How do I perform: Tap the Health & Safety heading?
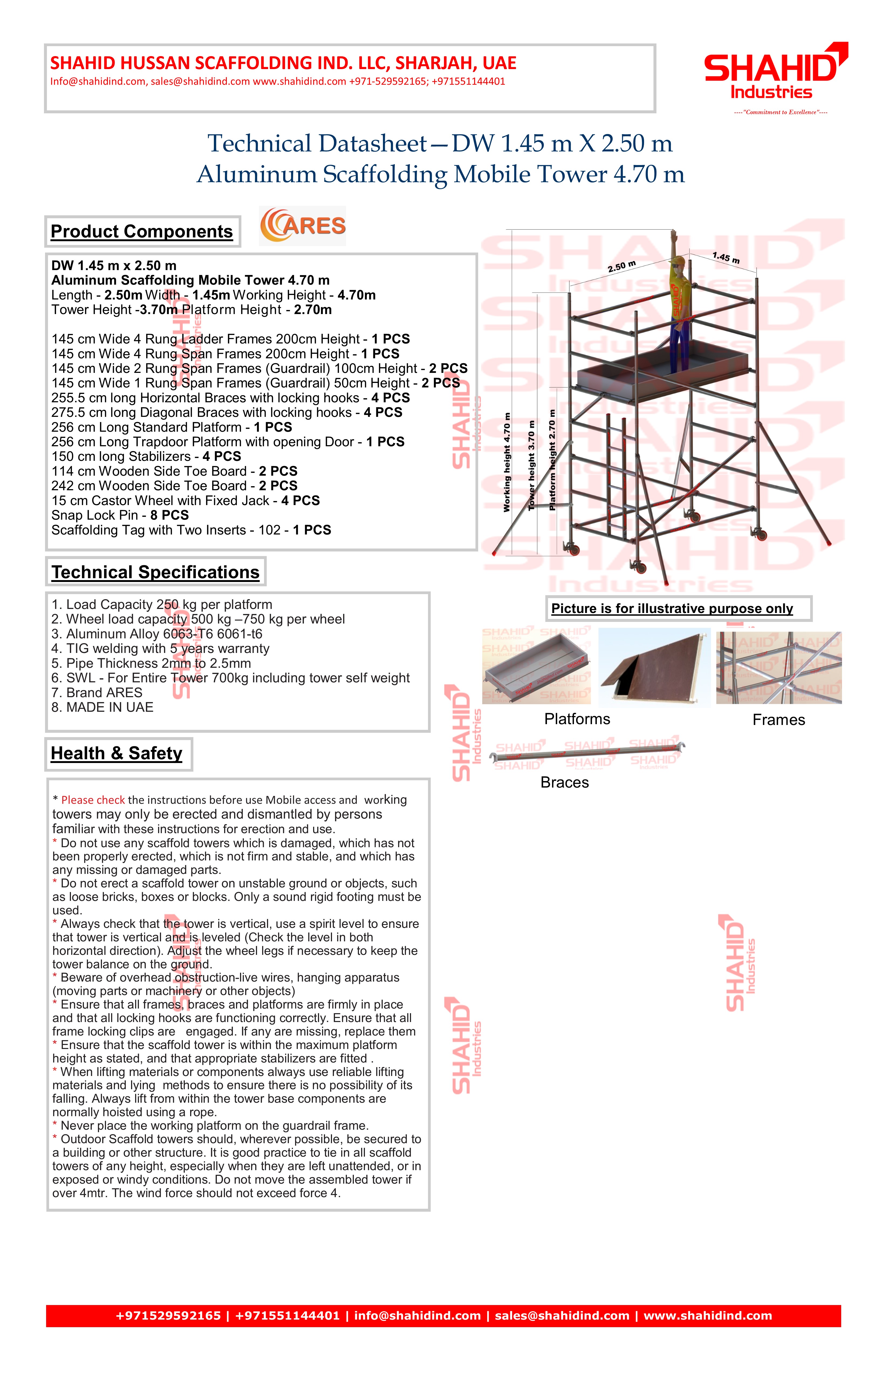coord(117,753)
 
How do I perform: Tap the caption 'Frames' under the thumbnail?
coord(778,720)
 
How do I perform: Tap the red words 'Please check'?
coord(93,800)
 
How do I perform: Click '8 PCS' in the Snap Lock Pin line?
coord(169,515)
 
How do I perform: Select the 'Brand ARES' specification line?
coord(97,693)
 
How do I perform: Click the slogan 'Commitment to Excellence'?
coord(780,112)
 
